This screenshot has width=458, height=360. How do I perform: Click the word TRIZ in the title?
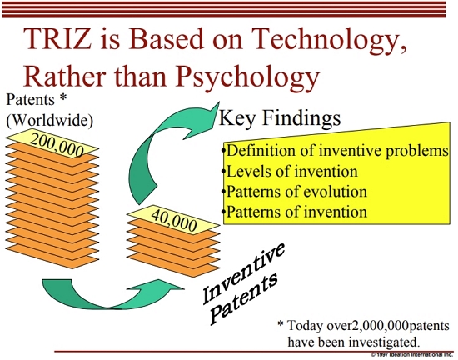(57, 39)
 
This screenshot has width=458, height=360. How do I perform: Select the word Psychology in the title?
(247, 77)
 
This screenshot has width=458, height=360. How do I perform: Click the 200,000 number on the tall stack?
(57, 145)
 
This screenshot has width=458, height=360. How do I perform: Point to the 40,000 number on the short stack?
(174, 220)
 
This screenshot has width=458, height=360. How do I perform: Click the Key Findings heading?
(280, 118)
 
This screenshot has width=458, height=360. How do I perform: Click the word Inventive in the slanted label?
(243, 272)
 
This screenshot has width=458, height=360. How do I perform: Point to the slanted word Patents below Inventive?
(244, 297)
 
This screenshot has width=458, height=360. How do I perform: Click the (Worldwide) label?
(50, 120)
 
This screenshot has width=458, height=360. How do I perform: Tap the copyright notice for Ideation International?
(411, 355)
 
